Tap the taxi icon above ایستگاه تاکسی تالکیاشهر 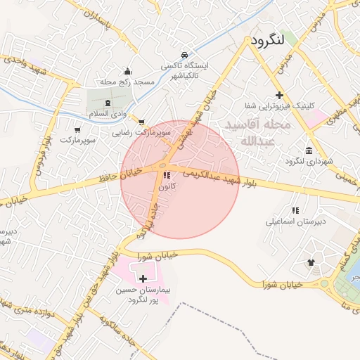point(184,55)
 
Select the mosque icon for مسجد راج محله point(127,71)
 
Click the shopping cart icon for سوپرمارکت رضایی point(143,122)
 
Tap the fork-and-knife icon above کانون point(167,175)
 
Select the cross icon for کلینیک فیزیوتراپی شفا point(280,95)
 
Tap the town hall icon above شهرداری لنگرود point(309,150)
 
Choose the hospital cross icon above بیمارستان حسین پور point(143,278)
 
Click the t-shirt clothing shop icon point(311,262)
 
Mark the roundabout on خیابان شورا point(326,285)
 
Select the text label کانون point(167,186)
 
